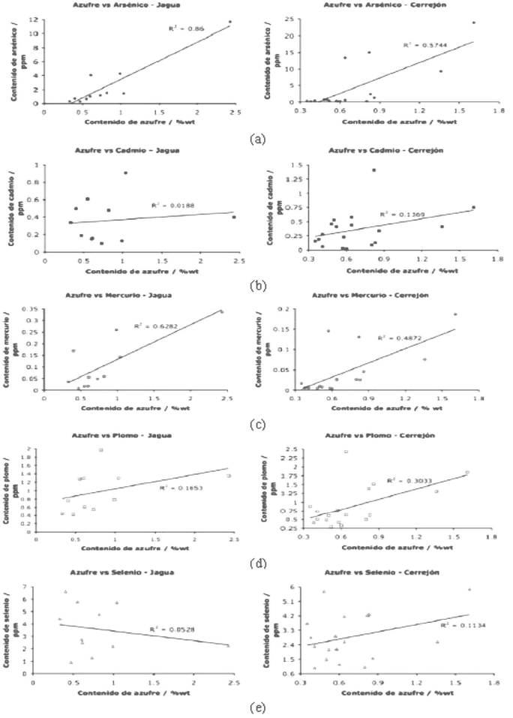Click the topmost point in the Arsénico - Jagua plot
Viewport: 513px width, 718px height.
(230, 22)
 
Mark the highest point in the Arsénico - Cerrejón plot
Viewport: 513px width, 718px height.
(473, 23)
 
